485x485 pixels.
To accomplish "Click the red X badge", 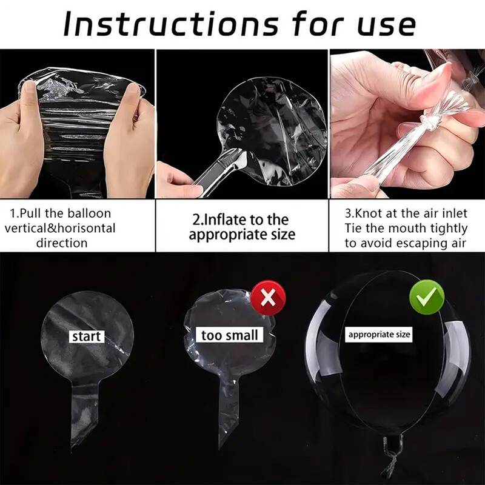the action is [x=268, y=298].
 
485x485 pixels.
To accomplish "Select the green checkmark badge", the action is [x=427, y=297].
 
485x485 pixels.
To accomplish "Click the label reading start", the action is [x=86, y=336].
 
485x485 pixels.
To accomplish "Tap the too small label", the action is [x=229, y=335].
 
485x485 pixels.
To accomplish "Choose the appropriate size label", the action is [x=379, y=335].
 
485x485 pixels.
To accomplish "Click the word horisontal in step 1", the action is [x=86, y=229].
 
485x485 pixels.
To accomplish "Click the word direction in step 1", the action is [x=62, y=243].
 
